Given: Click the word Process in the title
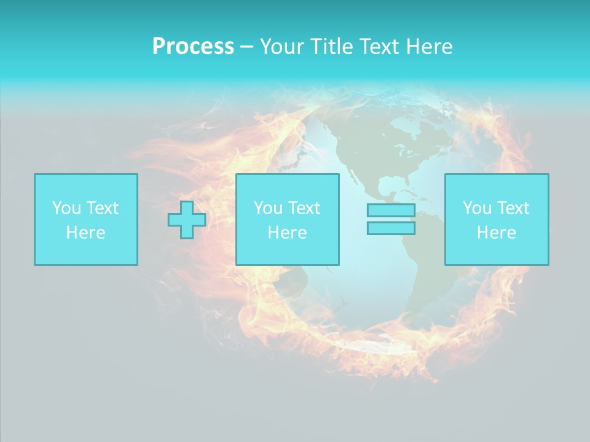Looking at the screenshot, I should [193, 47].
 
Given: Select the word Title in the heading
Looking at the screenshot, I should [333, 47].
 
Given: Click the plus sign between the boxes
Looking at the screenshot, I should [187, 220].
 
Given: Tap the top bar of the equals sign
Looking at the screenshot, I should [391, 211].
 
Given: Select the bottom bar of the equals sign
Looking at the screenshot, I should [391, 228].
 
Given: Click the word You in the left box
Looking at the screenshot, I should [66, 208].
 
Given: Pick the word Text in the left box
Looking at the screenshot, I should [103, 208].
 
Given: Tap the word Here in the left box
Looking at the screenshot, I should [85, 233].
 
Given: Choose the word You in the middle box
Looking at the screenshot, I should [268, 208].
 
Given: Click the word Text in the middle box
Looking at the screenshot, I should [304, 208].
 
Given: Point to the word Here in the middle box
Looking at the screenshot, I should [287, 233].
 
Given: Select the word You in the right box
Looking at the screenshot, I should [477, 208].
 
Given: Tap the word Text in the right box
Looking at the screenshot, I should [513, 208].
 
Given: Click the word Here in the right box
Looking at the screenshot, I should [496, 233].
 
